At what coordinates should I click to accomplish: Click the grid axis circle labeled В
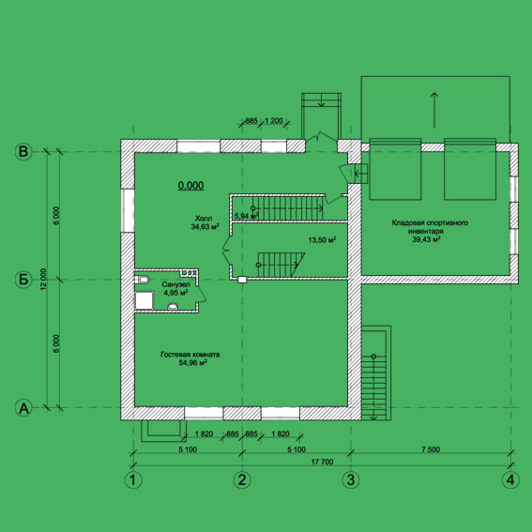click(x=23, y=152)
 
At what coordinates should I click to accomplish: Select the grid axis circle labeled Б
click(x=23, y=280)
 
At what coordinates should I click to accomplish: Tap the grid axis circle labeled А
click(x=23, y=408)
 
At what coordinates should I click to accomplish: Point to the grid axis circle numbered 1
click(x=133, y=479)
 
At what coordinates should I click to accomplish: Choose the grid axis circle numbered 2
click(x=242, y=479)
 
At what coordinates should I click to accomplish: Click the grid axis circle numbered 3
click(x=351, y=479)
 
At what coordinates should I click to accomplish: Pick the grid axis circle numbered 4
click(x=510, y=479)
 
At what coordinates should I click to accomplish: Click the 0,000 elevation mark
click(x=191, y=185)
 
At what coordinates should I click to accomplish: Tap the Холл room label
click(x=204, y=218)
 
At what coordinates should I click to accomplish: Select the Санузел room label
click(x=175, y=284)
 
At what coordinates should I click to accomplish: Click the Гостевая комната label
click(x=190, y=355)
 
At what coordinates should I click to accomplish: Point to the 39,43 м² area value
click(x=427, y=239)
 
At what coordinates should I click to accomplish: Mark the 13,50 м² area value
click(x=322, y=240)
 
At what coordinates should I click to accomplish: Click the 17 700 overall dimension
click(x=322, y=462)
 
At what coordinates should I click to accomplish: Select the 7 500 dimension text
click(x=431, y=449)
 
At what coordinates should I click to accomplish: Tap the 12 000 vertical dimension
click(x=43, y=280)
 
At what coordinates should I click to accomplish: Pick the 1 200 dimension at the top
click(x=274, y=120)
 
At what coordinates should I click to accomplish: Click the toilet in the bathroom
click(x=143, y=280)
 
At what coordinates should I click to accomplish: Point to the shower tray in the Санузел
click(x=144, y=300)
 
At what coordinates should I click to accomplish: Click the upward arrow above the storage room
click(x=434, y=110)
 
